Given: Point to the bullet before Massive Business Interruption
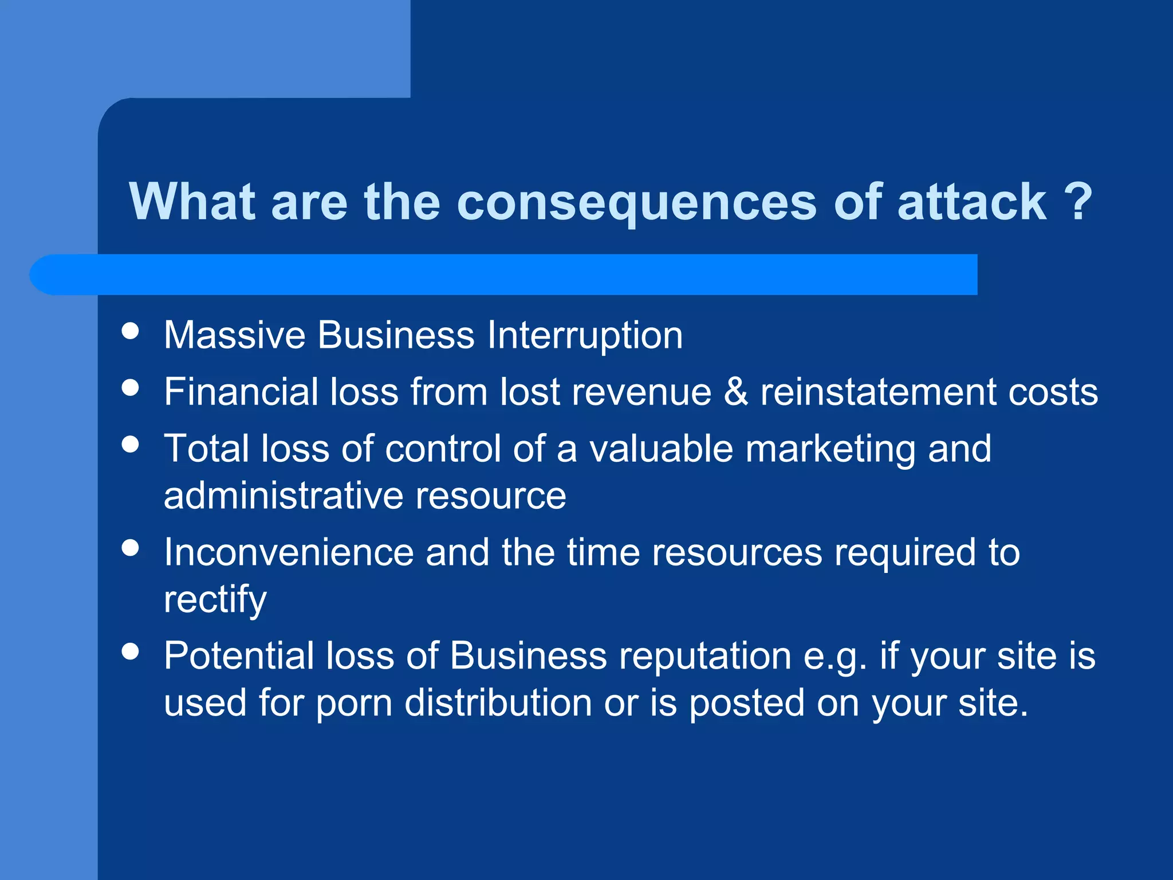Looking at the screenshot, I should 131,331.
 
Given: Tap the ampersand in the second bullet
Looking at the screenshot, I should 736,392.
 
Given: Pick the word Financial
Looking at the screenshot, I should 241,392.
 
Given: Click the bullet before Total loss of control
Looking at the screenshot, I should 131,444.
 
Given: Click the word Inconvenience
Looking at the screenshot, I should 289,553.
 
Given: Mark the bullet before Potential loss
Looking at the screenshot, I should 131,651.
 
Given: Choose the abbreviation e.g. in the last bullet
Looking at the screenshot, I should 835,657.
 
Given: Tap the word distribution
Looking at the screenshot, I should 498,704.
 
